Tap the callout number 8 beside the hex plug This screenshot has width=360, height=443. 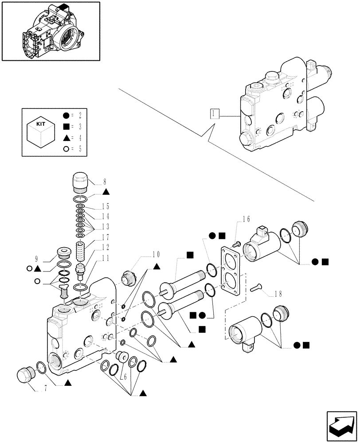105,181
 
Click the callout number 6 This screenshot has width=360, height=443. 125,377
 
